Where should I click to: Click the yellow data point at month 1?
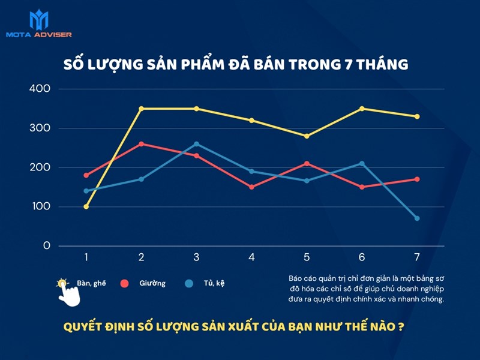[86, 206]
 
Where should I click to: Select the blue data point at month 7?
[417, 218]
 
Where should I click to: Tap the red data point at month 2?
[142, 144]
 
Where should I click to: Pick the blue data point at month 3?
[196, 144]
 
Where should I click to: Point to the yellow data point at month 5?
[307, 136]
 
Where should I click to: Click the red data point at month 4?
[251, 187]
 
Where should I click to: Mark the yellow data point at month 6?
[362, 109]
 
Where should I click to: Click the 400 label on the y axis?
[39, 89]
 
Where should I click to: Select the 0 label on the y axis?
[46, 246]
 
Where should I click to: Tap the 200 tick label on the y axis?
[39, 167]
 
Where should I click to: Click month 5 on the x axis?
[307, 257]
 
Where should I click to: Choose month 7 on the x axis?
[417, 257]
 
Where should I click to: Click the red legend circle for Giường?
[125, 283]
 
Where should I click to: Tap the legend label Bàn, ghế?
[91, 283]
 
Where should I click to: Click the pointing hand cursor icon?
[70, 293]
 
